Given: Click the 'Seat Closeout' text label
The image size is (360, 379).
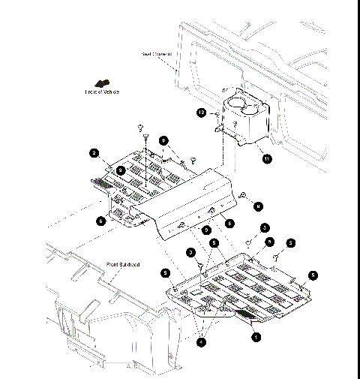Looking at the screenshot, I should coord(157,53).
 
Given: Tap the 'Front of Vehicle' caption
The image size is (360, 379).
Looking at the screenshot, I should coord(102,92).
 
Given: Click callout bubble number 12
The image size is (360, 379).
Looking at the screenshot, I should coord(201,113).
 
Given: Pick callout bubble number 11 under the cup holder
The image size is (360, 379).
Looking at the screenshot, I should coord(263,157).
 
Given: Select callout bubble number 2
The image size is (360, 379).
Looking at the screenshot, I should coord(94,152).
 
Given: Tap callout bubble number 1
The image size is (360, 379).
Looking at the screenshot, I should coord(256,337).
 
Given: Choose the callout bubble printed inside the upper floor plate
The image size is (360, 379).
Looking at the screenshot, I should coord(121,170).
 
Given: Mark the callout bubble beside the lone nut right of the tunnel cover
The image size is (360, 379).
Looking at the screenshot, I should coord(257,205).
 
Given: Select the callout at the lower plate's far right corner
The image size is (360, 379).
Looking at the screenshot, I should coord(313,275).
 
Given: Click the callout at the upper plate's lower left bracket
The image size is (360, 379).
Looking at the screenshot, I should coord(101,221).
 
